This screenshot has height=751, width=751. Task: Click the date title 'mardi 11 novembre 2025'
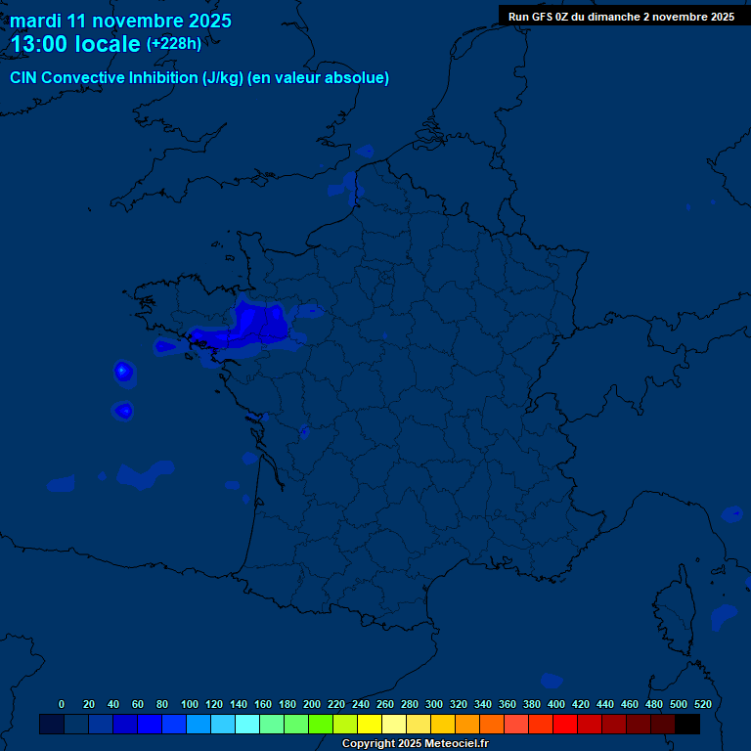pos(120,21)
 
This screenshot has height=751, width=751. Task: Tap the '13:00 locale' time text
pos(75,44)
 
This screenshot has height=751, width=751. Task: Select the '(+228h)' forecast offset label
pos(173,43)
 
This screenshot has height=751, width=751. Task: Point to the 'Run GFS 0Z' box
pos(621,17)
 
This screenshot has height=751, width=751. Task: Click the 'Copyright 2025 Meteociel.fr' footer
pos(415,744)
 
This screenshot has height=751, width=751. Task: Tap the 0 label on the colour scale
pos(62,704)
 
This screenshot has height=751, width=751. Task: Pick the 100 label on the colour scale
pos(189,704)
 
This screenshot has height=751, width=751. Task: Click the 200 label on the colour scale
pos(312,704)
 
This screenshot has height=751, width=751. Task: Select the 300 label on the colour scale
pos(434,704)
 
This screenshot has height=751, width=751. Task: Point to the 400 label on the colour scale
pos(556,704)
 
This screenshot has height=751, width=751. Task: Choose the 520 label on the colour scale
pos(702,704)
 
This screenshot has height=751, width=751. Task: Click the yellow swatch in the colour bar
pos(369,725)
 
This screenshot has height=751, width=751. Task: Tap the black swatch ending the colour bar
pos(687,725)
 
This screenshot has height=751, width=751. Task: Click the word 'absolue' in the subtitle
pos(362,78)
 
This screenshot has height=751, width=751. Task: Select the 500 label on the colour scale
pos(679,704)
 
